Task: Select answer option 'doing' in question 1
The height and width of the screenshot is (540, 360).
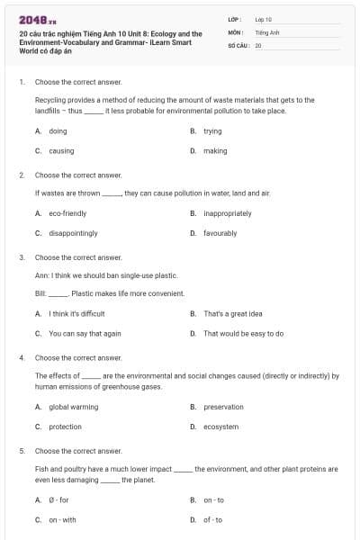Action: click(x=58, y=131)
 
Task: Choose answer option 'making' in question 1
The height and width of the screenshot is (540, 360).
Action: click(x=215, y=151)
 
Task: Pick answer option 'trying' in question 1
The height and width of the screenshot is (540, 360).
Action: click(x=212, y=131)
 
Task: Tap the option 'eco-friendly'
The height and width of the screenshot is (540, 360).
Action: click(x=67, y=213)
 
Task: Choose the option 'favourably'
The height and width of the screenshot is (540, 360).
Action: click(x=220, y=233)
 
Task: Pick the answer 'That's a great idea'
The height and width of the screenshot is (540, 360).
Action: click(x=232, y=314)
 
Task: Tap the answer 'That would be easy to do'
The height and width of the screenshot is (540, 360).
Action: click(x=243, y=334)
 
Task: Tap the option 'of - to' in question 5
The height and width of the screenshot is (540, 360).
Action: click(x=212, y=520)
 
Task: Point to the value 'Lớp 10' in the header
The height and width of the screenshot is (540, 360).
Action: click(x=263, y=19)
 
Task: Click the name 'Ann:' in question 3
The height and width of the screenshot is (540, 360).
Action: click(x=41, y=274)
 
